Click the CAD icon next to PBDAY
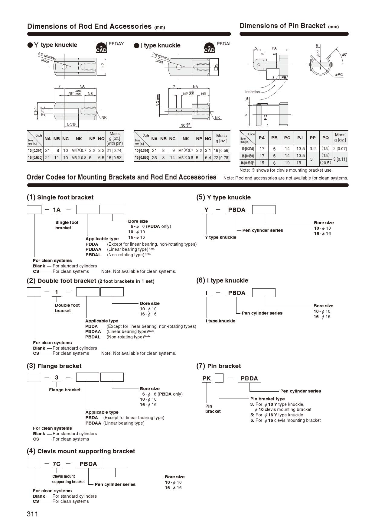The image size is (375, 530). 101,48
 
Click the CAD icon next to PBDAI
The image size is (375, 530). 209,48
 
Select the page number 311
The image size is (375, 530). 32,514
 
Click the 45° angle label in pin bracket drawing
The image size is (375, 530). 344,55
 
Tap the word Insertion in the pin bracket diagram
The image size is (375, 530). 252,92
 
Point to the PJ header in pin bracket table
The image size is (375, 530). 300,138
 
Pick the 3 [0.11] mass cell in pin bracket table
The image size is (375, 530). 340,159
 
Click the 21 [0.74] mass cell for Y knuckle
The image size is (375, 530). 115,150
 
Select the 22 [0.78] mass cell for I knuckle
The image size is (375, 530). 221,158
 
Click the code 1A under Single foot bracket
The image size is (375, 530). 57,210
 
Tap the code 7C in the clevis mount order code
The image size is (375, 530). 57,464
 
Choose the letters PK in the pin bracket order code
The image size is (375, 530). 207,378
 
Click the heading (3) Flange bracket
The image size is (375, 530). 54,366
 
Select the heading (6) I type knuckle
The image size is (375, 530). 222,280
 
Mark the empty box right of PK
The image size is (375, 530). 219,378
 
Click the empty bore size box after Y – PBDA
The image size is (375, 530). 264,210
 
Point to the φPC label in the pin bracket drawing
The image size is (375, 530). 339,75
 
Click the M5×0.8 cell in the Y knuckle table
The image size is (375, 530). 79,158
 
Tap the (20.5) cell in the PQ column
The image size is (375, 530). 325,163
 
